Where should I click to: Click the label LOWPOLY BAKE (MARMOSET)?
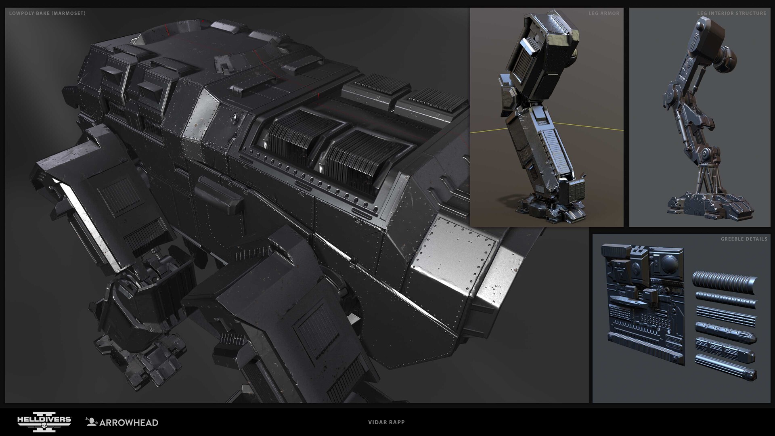[47, 13]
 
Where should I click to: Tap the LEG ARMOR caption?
[604, 13]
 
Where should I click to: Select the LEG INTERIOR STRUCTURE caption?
[731, 13]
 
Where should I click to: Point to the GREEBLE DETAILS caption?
[744, 239]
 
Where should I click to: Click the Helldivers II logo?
[44, 422]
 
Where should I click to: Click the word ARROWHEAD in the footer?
[128, 423]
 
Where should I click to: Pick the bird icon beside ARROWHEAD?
[92, 422]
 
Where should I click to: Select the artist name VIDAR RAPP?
[386, 422]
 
